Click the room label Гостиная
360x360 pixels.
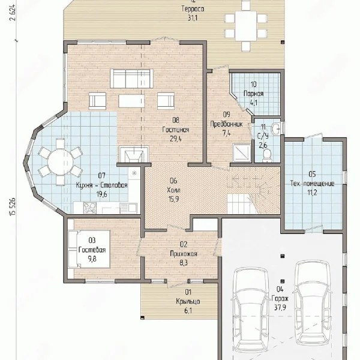pos(176,130)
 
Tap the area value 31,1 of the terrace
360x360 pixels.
pos(193,18)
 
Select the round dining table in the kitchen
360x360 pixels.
pos(60,162)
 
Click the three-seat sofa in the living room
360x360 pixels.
pos(131,78)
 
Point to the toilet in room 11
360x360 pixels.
pos(267,155)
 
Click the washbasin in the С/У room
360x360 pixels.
pos(275,128)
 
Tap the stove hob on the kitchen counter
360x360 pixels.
pos(90,208)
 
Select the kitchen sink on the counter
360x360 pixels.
pos(128,208)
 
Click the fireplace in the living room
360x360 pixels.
pos(134,155)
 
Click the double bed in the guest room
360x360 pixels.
pos(89,249)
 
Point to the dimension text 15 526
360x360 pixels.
pos(13,206)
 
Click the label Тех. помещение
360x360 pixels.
pos(312,184)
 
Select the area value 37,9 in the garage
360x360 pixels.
pos(280,307)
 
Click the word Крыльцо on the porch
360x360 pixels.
pos(188,301)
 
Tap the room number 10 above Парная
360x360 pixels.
pos(253,84)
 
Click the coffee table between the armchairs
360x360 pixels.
pos(131,101)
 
